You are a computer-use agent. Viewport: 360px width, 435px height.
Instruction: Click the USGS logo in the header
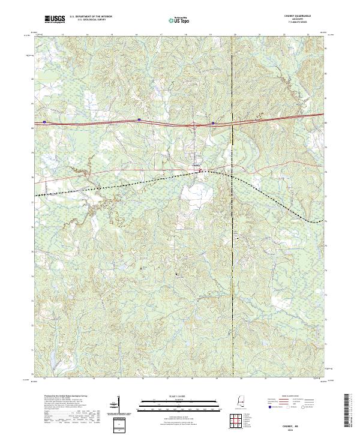point(55,19)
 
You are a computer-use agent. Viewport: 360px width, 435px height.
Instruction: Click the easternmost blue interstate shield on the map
point(212,123)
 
